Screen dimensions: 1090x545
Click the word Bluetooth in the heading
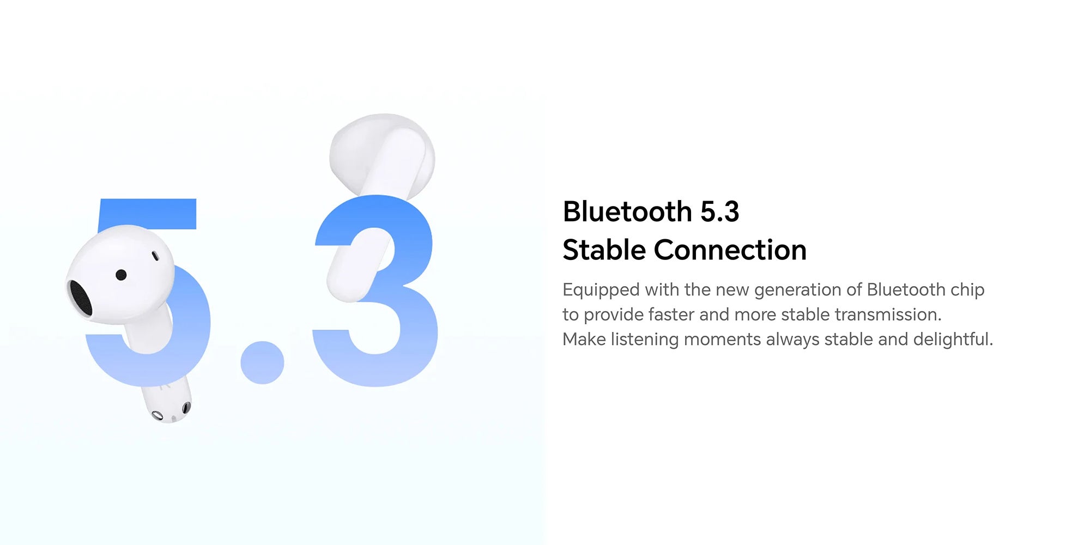(627, 211)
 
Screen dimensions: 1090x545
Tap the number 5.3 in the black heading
(719, 211)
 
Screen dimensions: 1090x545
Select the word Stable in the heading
(604, 250)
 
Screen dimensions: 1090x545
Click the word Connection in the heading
(730, 250)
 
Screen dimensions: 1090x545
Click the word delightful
(953, 340)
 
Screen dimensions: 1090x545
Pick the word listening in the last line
(645, 340)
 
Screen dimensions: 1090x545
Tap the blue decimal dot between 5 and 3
(262, 362)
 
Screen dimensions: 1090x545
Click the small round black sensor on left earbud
(122, 275)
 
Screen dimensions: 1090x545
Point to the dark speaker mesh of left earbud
(80, 298)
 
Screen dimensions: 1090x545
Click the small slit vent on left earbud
(155, 256)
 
